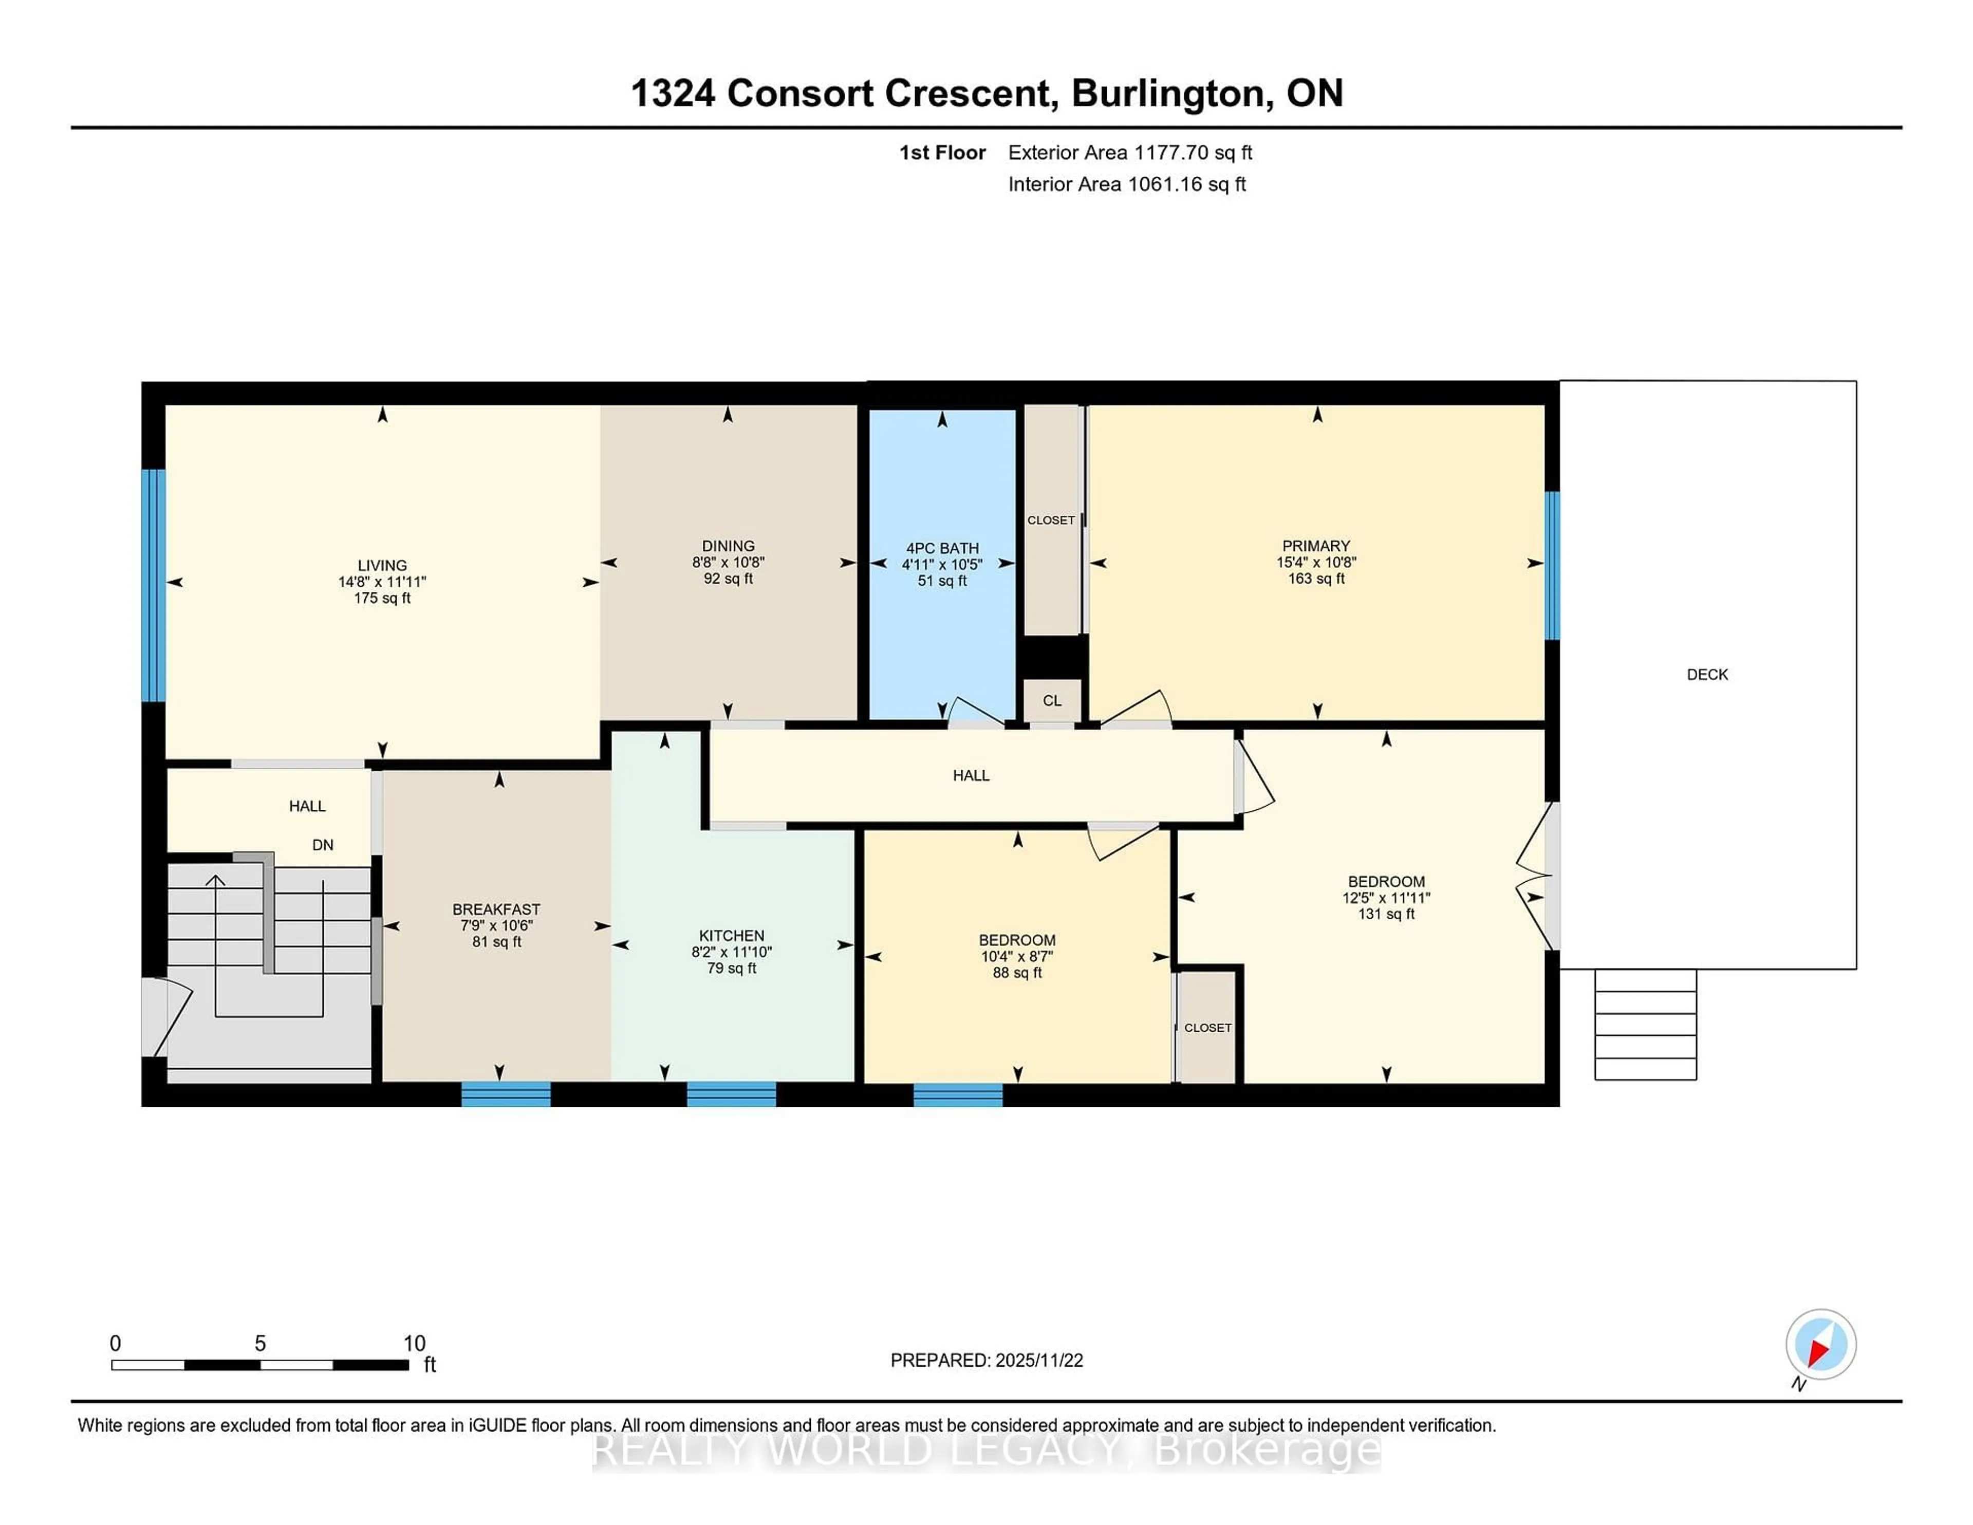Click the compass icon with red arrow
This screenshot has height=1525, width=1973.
[1820, 1344]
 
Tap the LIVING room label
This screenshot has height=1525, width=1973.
[382, 566]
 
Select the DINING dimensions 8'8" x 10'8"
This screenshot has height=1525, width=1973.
[728, 562]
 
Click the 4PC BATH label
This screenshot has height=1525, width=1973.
[942, 548]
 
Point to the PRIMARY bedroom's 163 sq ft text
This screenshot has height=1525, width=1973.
[1316, 578]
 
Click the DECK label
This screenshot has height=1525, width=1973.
[1706, 674]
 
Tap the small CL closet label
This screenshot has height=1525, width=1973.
[1052, 700]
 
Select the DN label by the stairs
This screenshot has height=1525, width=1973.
[323, 845]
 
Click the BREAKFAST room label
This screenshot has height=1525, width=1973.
[496, 909]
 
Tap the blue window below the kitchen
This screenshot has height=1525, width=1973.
[731, 1093]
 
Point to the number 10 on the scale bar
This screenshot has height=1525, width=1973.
[414, 1344]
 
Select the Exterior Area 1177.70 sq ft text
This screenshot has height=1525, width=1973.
[1129, 153]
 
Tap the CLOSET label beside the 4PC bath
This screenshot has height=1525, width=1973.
[1051, 520]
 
